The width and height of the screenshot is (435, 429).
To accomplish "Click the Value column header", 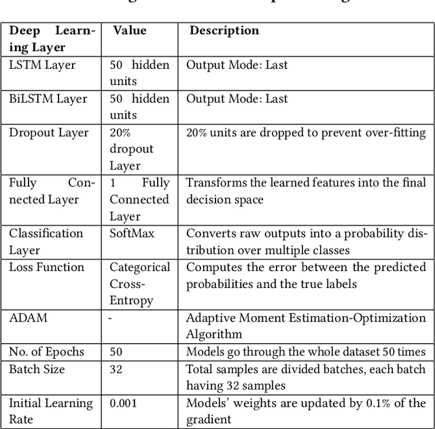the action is tap(129, 31).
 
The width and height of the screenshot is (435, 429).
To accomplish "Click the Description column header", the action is tap(224, 31).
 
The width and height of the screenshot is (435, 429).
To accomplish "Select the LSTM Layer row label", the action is tap(42, 65).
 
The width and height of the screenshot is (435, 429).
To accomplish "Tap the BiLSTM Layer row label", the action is tap(48, 99).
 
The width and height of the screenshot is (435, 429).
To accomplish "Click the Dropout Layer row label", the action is tap(48, 132).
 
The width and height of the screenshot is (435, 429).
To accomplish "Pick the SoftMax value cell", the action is tap(132, 234).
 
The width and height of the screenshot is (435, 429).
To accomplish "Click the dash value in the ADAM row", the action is tap(111, 317).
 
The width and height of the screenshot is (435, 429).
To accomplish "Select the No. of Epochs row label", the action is tap(46, 351).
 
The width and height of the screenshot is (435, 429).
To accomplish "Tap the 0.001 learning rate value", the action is tap(123, 403).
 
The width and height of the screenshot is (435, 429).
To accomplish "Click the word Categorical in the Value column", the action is tap(140, 267).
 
